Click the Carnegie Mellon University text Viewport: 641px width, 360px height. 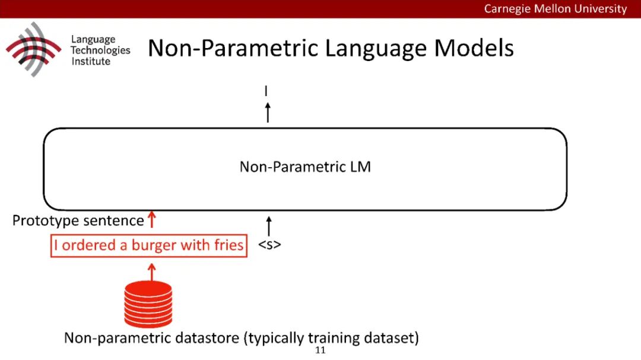[555, 9]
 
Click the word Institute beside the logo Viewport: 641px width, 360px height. [91, 61]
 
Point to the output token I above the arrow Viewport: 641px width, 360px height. [267, 91]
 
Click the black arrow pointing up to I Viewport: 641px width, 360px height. [268, 111]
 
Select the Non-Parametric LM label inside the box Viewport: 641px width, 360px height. [305, 167]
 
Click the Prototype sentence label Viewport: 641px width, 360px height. [78, 221]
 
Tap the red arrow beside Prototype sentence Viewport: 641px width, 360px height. [151, 220]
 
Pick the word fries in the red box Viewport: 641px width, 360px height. [229, 245]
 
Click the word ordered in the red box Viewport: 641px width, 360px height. [87, 245]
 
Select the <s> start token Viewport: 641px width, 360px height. [269, 244]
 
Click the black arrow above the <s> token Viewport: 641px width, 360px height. [268, 226]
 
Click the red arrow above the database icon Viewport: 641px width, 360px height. [151, 272]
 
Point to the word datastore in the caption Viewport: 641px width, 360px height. [207, 339]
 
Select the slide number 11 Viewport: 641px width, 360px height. [320, 351]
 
